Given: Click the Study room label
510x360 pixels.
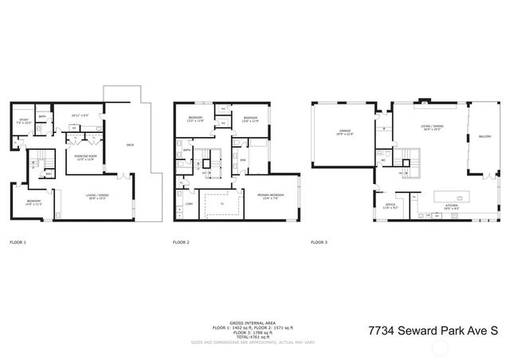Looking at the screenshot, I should coord(24,121).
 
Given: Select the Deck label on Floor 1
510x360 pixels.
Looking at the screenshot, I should coord(130,144).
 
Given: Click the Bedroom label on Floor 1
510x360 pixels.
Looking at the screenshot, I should coord(34,202).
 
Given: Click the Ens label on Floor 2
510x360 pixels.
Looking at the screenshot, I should coord(242,161).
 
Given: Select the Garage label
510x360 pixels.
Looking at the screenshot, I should coord(345,130).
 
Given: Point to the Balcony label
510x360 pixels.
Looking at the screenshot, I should coord(484,137).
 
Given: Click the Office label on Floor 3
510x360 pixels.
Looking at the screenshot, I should coord(390,205).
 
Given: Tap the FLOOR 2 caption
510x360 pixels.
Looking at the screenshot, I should coord(182,241).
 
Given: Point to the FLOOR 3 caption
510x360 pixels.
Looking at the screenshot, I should coord(319,241).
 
